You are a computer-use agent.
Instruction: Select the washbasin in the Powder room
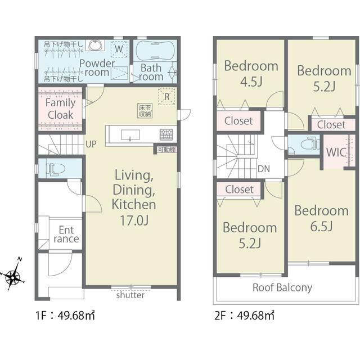point(96,45)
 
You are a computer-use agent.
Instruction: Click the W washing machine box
point(119,49)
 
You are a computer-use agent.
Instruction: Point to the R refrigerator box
point(166,97)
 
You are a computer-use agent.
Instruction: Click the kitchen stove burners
point(166,134)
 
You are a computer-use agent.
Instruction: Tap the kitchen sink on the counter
point(130,135)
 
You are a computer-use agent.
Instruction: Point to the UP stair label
point(91,144)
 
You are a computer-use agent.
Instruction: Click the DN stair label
point(264,169)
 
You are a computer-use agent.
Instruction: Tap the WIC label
point(336,152)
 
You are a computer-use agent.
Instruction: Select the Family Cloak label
point(60,109)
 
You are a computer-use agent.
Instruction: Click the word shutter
point(130,295)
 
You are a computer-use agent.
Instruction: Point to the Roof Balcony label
point(282,287)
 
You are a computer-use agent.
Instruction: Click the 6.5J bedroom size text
point(321,226)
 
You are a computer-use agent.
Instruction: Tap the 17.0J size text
point(134,220)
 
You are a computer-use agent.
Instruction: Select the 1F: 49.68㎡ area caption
point(65,315)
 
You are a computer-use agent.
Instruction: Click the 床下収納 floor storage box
point(145,111)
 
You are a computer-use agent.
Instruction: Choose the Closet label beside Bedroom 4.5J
point(238,121)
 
